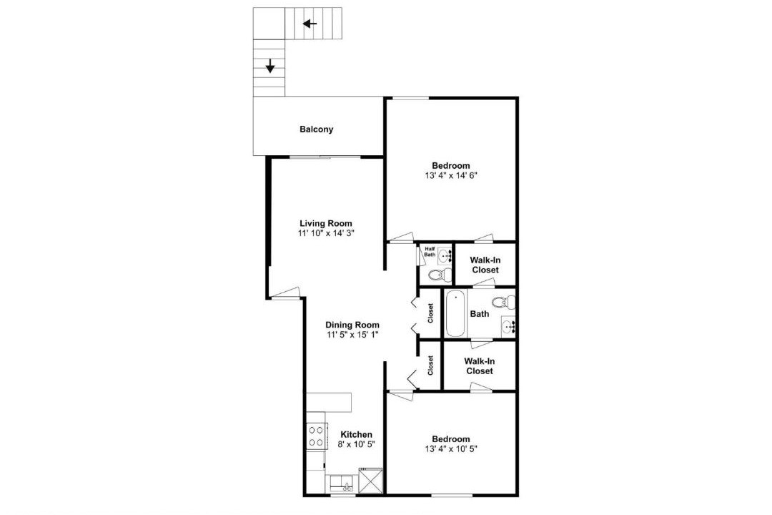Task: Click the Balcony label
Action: click(317, 129)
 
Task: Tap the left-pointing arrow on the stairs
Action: click(310, 23)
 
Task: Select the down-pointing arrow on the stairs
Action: click(269, 66)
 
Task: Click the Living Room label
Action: click(326, 223)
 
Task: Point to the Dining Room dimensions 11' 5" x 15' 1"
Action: click(352, 335)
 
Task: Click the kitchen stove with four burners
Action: click(316, 436)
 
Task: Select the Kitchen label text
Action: click(357, 435)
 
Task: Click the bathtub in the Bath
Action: click(455, 313)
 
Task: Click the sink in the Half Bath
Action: click(445, 256)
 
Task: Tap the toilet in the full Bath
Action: click(503, 301)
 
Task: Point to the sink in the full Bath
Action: click(508, 325)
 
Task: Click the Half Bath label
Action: click(430, 252)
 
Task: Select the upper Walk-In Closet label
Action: click(485, 265)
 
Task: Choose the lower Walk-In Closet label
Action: click(479, 366)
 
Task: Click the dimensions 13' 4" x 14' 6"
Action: click(451, 175)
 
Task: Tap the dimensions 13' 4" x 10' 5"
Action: click(451, 448)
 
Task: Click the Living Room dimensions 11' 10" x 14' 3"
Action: click(326, 233)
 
